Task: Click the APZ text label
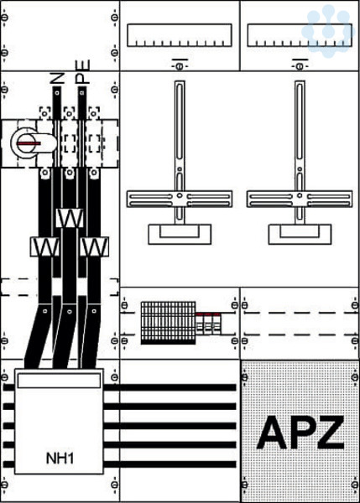pyautogui.click(x=300, y=433)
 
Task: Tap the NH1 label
pyautogui.click(x=60, y=459)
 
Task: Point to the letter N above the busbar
pyautogui.click(x=58, y=78)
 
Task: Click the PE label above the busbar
pyautogui.click(x=82, y=72)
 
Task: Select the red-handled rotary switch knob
pyautogui.click(x=29, y=143)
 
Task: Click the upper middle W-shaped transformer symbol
pyautogui.click(x=70, y=218)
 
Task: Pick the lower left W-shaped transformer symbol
pyautogui.click(x=44, y=246)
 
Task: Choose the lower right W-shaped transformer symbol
pyautogui.click(x=94, y=246)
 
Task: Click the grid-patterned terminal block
pyautogui.click(x=168, y=323)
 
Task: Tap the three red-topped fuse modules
pyautogui.click(x=208, y=324)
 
